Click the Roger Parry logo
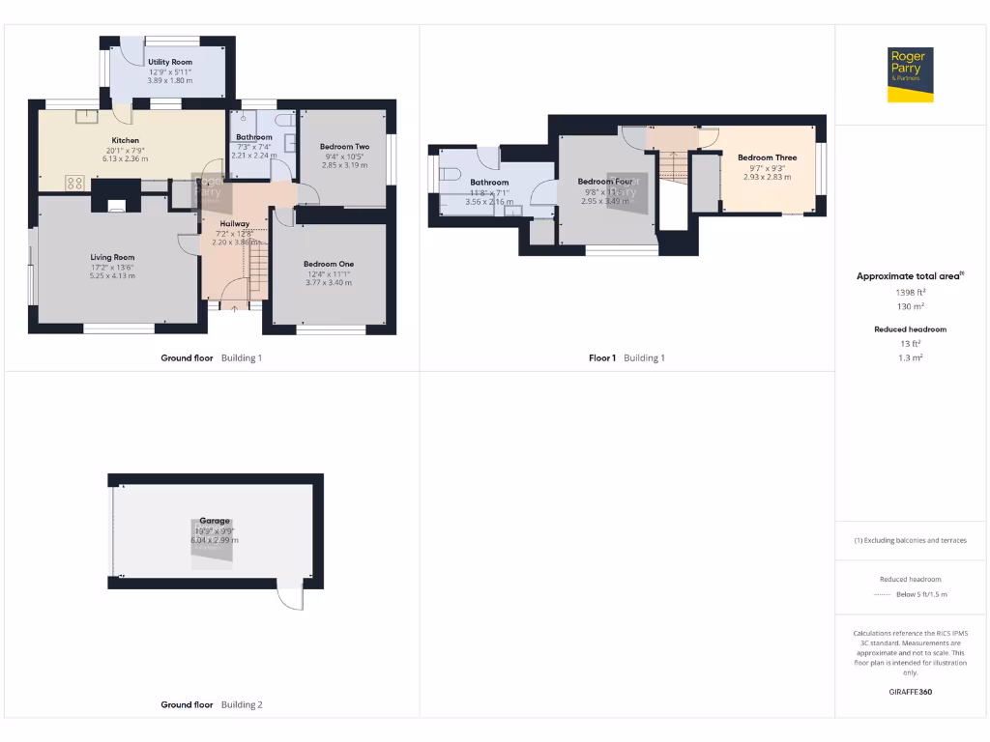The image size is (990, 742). tap(911, 74)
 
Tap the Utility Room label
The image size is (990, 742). tap(170, 63)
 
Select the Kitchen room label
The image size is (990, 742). tap(126, 140)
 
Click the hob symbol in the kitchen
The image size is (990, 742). tap(74, 182)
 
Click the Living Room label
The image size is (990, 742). tap(112, 257)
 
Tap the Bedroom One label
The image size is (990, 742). tap(329, 264)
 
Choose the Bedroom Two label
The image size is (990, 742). tap(344, 147)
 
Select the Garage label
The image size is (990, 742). tap(215, 521)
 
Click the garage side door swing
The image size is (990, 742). tap(291, 599)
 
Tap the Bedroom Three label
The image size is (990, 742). tap(767, 157)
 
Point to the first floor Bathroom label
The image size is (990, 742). tap(489, 183)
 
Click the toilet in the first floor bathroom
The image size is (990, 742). tap(450, 175)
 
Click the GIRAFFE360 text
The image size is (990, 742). tap(910, 692)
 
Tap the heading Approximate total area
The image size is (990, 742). tap(909, 276)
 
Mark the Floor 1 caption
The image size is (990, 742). tap(602, 358)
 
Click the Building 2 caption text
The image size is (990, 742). tap(242, 705)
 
